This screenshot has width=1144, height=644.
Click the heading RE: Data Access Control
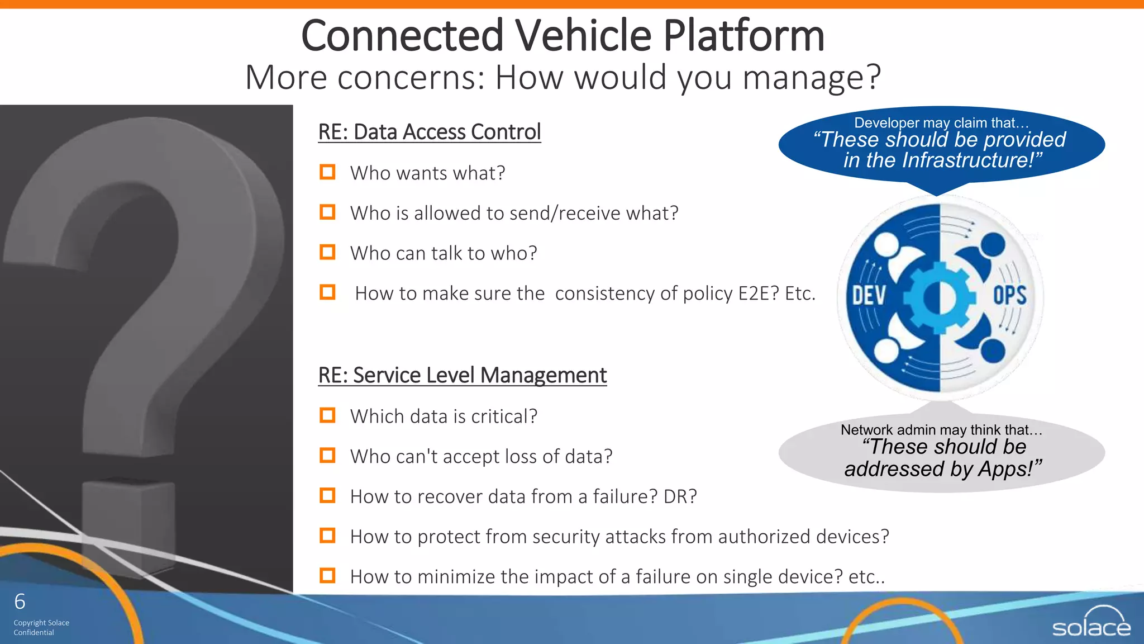click(x=429, y=132)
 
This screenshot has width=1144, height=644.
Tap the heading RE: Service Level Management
click(x=462, y=375)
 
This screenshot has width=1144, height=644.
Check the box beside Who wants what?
click(x=327, y=172)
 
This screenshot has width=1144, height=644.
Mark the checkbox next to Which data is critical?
click(x=327, y=415)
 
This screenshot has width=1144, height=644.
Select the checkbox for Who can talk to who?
click(x=327, y=252)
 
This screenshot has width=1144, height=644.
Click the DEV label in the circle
click(x=869, y=296)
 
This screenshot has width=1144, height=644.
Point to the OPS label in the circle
click(x=1009, y=295)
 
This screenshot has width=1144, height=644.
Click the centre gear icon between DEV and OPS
click(x=940, y=297)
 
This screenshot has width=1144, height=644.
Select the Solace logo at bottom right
click(x=1091, y=622)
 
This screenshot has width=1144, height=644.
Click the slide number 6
click(x=20, y=602)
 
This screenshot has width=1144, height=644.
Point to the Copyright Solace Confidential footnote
click(x=41, y=627)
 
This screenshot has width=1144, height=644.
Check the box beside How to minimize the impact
click(x=327, y=575)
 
